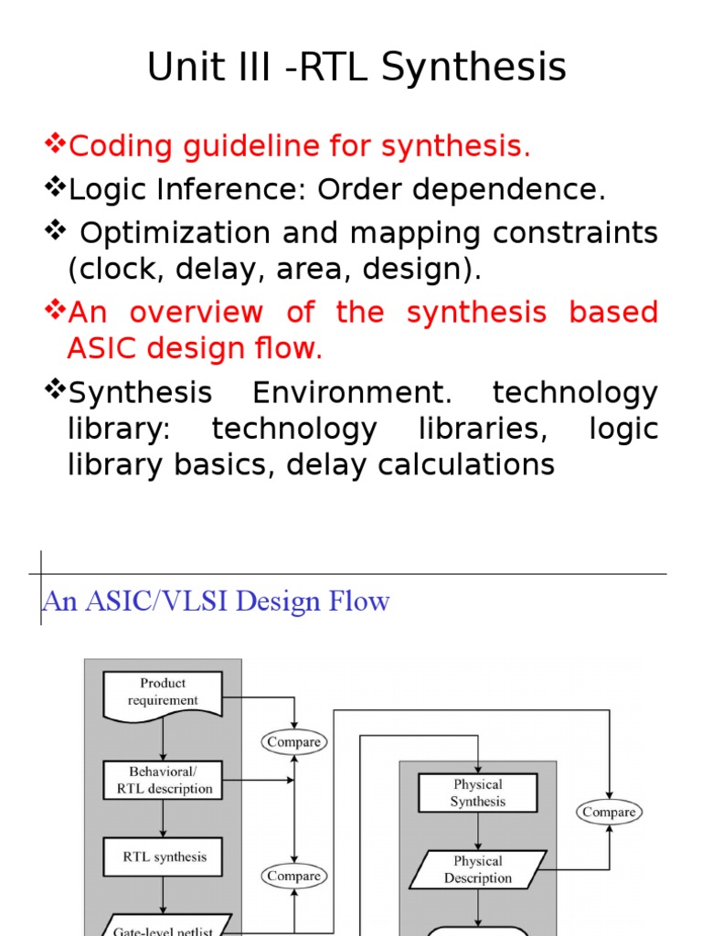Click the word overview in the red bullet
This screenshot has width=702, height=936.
[x=197, y=312]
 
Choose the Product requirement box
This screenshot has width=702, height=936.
[x=163, y=692]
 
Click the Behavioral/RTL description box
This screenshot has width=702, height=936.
[x=163, y=780]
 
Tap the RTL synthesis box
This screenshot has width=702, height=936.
[x=164, y=857]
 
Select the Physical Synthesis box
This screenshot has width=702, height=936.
[x=477, y=792]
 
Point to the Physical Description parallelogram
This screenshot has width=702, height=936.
[x=477, y=869]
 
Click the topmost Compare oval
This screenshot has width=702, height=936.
[x=293, y=742]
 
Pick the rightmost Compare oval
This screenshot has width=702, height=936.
[x=608, y=812]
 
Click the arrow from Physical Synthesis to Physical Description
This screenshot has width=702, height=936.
[x=477, y=831]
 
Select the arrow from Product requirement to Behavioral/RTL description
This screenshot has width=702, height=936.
[x=163, y=738]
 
